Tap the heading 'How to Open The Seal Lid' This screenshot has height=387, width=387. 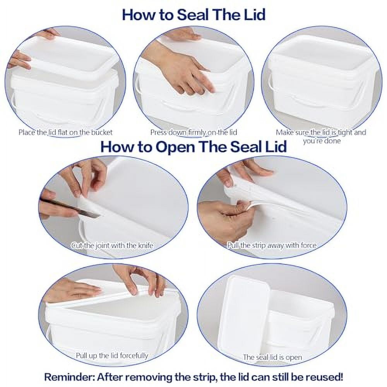(x=193, y=147)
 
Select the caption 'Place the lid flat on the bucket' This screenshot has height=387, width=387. (x=66, y=132)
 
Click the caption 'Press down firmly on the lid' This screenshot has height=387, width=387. (x=193, y=132)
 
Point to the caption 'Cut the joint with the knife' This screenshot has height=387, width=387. (x=112, y=245)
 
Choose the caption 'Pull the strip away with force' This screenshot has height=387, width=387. (x=272, y=245)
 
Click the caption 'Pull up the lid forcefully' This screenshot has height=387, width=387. (x=112, y=355)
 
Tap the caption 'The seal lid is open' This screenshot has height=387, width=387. (x=272, y=357)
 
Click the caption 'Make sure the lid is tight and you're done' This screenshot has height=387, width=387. (x=321, y=136)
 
